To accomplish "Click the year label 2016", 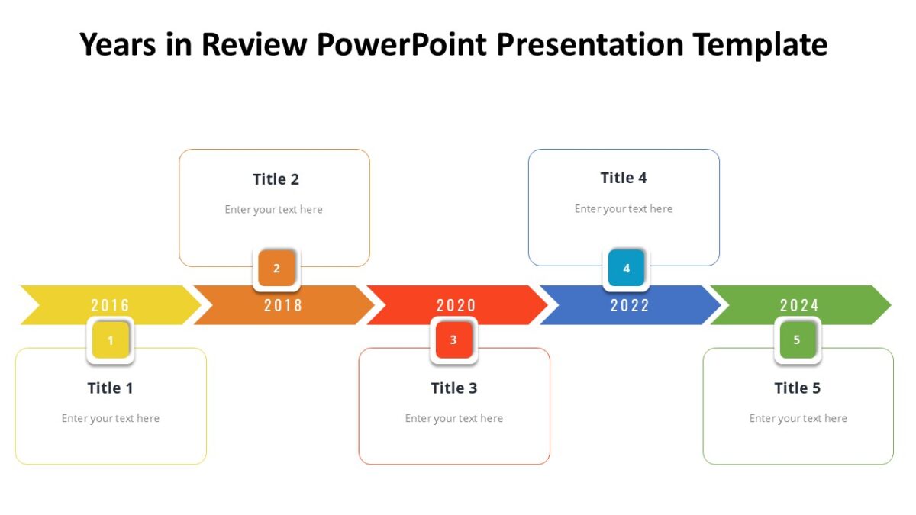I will (110, 305).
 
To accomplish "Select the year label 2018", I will (283, 305).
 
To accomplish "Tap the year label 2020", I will (456, 305).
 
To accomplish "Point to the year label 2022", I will (630, 305).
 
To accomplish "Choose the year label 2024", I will (799, 305).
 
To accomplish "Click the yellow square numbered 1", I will (111, 340).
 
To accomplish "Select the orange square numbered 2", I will (276, 268).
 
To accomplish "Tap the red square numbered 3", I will (453, 340).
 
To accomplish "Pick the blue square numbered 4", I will (626, 268).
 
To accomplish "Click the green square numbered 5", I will (797, 340).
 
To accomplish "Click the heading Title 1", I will (111, 388).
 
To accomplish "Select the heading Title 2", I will (276, 179).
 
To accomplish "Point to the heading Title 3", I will (454, 388).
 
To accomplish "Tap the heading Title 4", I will (624, 178).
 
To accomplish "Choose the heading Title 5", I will (798, 388).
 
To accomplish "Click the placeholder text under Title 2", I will (274, 210).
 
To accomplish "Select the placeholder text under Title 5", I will (798, 418).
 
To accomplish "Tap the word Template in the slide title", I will (760, 45).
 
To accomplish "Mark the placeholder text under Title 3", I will (454, 418).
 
